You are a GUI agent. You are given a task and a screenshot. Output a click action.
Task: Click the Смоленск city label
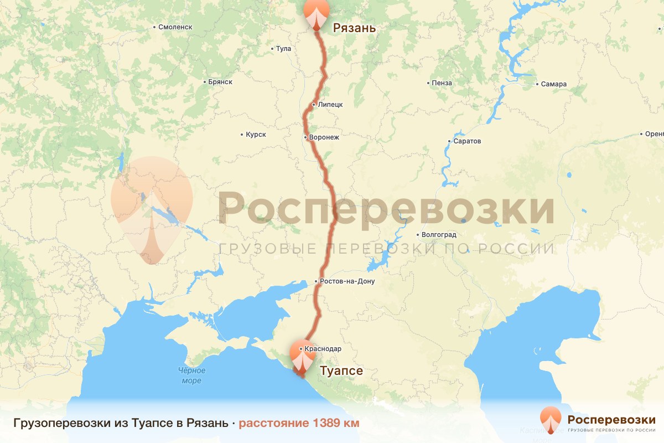175,27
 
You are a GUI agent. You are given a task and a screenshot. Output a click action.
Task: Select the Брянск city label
220,82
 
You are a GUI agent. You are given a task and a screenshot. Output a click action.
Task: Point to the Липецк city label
330,104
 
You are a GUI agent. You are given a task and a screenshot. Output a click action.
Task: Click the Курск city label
256,135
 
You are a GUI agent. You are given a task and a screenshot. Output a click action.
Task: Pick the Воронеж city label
324,137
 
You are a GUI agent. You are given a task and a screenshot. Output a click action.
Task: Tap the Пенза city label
442,83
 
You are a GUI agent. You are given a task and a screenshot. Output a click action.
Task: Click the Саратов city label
467,141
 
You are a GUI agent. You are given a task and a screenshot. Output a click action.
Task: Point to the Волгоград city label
438,234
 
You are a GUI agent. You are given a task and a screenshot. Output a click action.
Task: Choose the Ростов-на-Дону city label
347,281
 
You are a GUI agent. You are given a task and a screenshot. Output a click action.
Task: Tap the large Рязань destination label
354,28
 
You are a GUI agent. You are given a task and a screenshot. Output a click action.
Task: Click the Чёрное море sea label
191,375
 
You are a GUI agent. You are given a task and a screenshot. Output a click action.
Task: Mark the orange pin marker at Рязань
316,12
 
